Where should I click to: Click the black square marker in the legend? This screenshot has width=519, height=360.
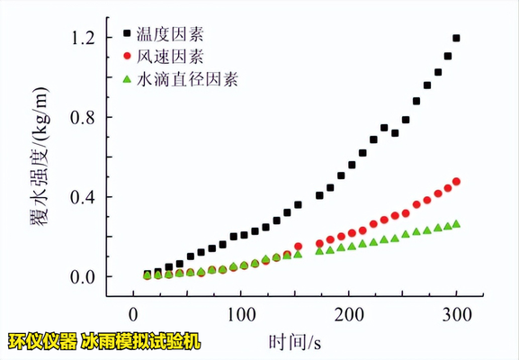[x=127, y=36]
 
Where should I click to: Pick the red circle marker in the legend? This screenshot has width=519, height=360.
[x=127, y=58]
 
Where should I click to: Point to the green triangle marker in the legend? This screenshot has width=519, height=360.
[x=127, y=79]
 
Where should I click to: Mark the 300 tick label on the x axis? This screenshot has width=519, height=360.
[x=456, y=314]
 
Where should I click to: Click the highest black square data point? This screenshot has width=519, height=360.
[x=456, y=39]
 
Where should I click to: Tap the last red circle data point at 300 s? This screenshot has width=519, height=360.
[x=456, y=182]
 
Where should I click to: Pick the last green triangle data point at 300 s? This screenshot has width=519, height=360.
[x=456, y=224]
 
